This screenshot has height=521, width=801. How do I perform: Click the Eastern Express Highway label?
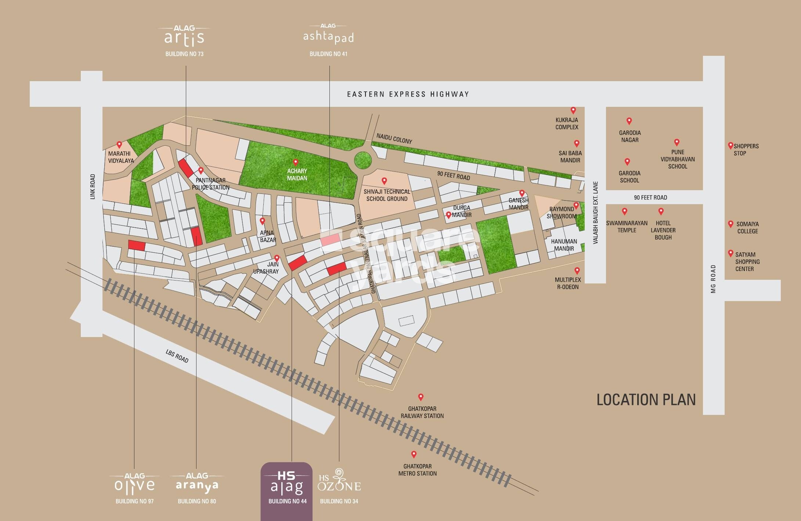[x=408, y=94]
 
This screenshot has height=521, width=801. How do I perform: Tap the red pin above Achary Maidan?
[x=295, y=162]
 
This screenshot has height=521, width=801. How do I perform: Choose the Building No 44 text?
[x=287, y=501]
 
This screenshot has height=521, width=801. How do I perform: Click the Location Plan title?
[x=646, y=400]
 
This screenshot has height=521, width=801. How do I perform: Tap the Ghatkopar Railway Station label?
[x=422, y=412]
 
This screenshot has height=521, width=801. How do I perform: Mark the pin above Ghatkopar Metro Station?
[x=414, y=454]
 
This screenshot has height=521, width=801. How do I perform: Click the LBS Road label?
[x=177, y=356]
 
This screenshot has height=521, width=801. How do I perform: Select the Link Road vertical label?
[x=93, y=187]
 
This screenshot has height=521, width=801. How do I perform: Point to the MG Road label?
[x=713, y=279]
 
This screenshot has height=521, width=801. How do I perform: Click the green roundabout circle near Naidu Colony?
[x=363, y=160]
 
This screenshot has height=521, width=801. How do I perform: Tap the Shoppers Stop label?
[x=746, y=149]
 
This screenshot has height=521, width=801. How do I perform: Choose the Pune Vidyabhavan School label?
[x=678, y=159]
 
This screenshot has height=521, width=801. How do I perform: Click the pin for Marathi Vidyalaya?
[x=119, y=145]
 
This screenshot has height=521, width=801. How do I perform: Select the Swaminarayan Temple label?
[x=627, y=227]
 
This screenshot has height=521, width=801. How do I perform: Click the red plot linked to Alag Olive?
[x=137, y=245]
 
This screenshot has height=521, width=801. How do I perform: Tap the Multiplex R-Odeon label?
[x=568, y=283]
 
